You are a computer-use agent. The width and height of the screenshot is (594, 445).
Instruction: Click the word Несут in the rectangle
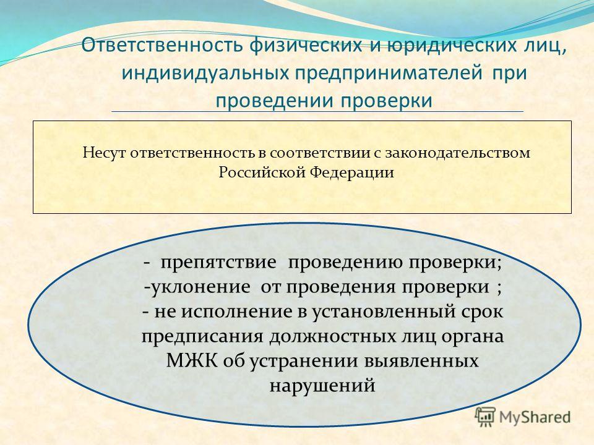tap(104, 153)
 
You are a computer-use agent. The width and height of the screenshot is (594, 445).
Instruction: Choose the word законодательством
tap(458, 153)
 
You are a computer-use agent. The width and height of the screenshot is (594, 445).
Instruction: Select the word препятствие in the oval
tap(218, 262)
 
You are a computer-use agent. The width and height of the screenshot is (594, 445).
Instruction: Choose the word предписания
tap(202, 336)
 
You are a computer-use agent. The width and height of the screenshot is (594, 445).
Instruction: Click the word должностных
tap(332, 336)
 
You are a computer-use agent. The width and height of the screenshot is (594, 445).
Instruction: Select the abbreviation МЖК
tap(192, 360)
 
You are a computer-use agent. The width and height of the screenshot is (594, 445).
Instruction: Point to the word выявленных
tap(421, 361)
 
